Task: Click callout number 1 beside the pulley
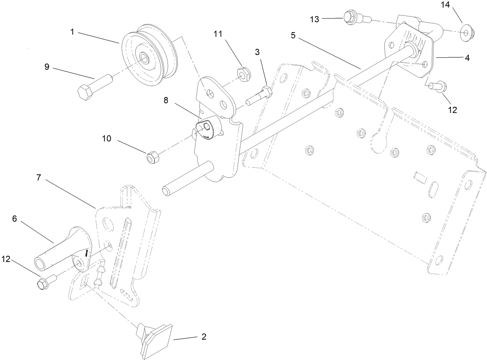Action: (72, 32)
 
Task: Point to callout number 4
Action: (467, 58)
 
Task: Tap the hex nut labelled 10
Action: (151, 158)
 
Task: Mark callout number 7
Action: (38, 178)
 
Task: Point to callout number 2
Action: (203, 336)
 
